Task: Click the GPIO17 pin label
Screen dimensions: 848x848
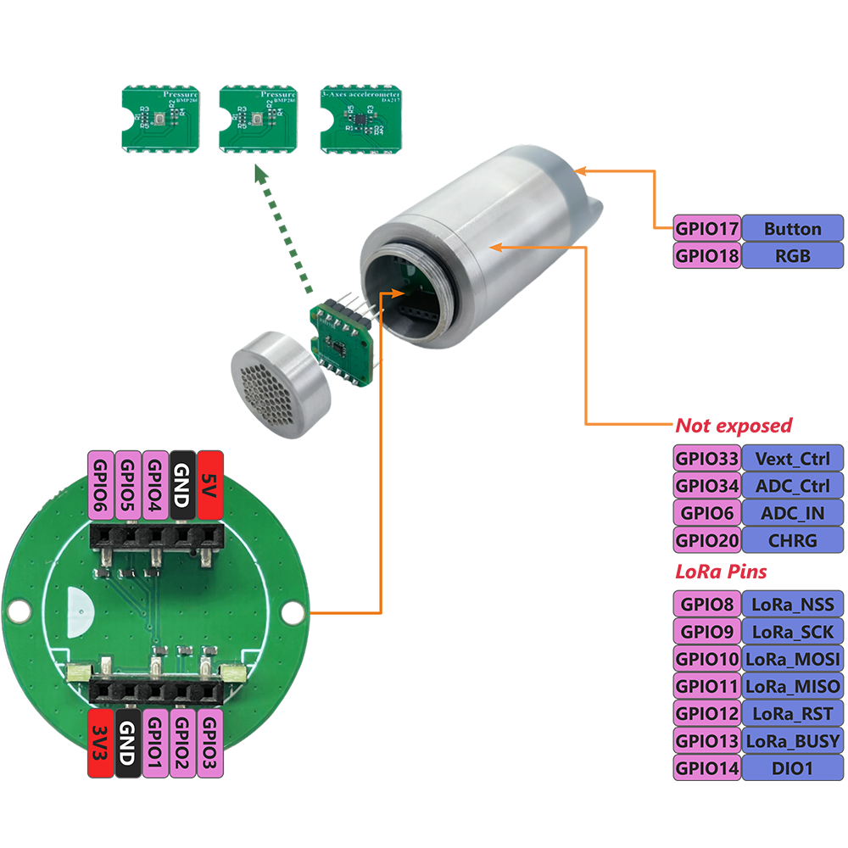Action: tap(707, 228)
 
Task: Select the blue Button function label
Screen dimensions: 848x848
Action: tap(792, 228)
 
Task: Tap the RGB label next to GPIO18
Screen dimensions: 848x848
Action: tap(792, 255)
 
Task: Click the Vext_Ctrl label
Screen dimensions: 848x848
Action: tap(792, 459)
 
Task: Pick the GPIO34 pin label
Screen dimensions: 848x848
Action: tap(707, 486)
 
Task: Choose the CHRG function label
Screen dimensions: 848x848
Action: tap(792, 540)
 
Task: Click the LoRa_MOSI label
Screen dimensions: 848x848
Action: tap(792, 659)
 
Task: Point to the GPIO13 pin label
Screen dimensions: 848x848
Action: tap(707, 740)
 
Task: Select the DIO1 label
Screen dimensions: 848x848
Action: tap(792, 767)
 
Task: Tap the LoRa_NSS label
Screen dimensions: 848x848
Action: tap(792, 605)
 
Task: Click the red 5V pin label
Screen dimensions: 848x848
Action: tap(209, 484)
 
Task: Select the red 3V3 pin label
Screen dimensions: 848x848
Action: tap(100, 744)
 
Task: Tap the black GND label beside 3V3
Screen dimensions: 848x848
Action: tap(128, 744)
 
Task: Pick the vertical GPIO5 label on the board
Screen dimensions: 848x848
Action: tap(128, 484)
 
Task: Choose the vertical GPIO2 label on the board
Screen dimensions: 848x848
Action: tap(182, 744)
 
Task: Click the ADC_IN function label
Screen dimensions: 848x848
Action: tap(792, 513)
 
